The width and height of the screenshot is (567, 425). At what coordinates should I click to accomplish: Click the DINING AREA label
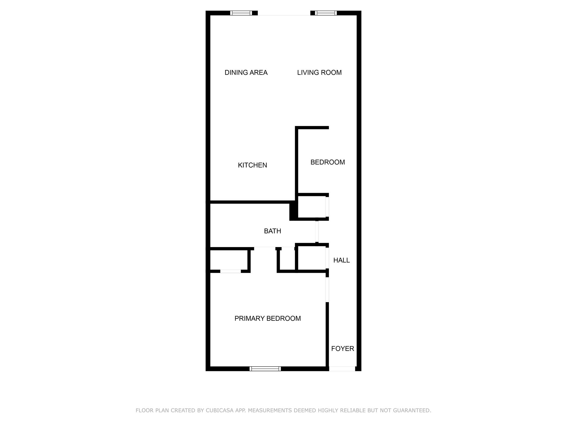coord(246,73)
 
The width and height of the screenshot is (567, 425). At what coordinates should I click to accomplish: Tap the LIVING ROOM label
coord(319,73)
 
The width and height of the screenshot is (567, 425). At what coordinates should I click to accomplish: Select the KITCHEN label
coord(252,165)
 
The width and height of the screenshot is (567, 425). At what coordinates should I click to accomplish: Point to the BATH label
coord(272,231)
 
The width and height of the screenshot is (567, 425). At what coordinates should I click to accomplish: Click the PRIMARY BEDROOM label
coord(268,318)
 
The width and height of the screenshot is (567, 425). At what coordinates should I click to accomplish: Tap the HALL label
coord(341,260)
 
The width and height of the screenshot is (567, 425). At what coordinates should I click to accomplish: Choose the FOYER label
coord(343,349)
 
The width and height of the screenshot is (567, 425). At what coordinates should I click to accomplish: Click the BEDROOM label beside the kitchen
coord(328,162)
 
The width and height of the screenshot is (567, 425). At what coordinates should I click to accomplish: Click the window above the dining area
coord(241,13)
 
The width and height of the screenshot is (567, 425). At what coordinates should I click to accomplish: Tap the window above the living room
coord(326,13)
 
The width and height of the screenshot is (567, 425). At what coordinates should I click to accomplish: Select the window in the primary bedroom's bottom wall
coord(265,369)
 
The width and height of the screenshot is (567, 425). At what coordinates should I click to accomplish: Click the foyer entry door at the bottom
coord(342,369)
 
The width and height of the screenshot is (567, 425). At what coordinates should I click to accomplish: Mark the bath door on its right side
coord(317,231)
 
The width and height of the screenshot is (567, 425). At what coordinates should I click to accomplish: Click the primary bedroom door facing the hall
coord(327,289)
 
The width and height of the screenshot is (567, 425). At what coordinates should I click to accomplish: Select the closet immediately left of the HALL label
coord(311,258)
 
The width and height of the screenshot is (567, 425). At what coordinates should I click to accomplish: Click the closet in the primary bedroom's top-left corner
coord(229,260)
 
